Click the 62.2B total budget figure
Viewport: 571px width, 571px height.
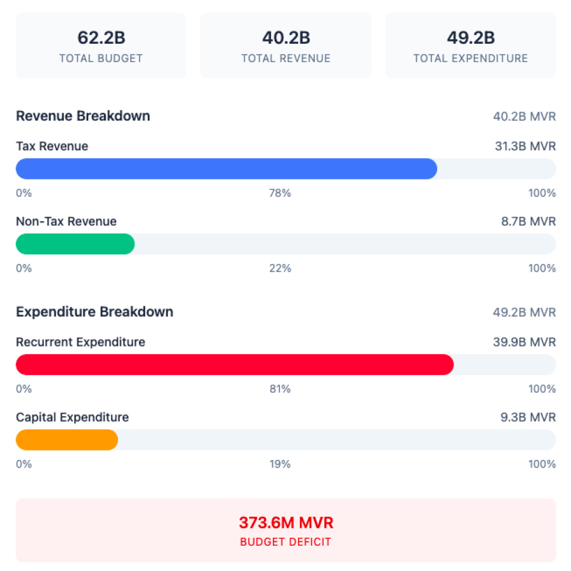click(101, 38)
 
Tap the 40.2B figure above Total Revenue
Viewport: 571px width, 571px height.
click(285, 38)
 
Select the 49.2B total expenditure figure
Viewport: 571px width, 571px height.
click(471, 38)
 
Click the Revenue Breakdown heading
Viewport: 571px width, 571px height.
click(83, 116)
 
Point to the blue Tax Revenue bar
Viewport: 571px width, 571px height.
click(226, 169)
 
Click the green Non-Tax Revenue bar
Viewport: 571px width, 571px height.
click(75, 244)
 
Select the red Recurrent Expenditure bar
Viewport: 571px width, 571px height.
click(234, 365)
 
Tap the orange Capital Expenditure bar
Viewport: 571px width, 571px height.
click(67, 440)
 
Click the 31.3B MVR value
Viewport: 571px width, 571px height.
click(525, 147)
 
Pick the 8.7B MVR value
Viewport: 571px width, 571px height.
click(528, 221)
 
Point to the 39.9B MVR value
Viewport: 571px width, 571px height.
click(525, 343)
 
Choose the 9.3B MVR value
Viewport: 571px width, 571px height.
click(528, 417)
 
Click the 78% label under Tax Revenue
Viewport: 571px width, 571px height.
click(280, 193)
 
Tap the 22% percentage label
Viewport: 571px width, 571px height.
click(280, 268)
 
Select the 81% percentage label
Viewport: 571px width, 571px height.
click(280, 389)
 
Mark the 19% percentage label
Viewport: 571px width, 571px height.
click(280, 464)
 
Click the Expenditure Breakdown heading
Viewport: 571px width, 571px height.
click(95, 312)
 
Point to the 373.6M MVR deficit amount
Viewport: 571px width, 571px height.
click(285, 523)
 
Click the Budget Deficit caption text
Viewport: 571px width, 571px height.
click(285, 542)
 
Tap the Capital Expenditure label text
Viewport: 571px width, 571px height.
click(72, 417)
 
